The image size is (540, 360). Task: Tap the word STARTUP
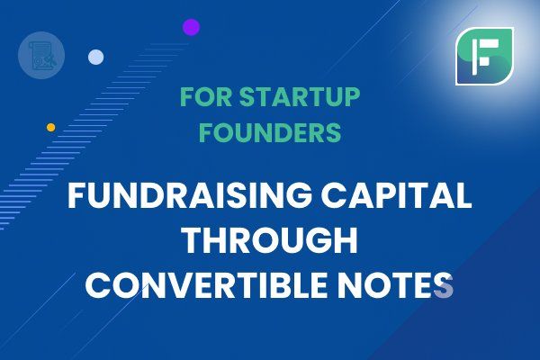coord(300,97)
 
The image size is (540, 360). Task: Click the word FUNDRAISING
coord(190,195)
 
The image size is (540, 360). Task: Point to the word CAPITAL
coord(396,195)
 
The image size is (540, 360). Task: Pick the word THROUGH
coord(270,240)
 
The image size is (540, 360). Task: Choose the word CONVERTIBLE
coord(206,285)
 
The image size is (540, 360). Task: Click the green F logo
coord(484,56)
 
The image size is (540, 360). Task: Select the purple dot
coord(192,27)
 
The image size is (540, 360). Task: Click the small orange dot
coord(51,128)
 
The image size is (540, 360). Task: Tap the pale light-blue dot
coord(95,58)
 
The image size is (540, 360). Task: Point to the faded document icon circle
coord(41,56)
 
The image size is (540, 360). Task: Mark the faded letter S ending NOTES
coord(444,285)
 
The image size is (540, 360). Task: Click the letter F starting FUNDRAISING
coord(76,195)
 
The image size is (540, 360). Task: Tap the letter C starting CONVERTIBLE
coord(97,285)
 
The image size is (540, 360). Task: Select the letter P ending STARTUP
coord(351,97)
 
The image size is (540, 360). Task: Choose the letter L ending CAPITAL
coord(463,195)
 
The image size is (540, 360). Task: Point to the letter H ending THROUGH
coord(346,240)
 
